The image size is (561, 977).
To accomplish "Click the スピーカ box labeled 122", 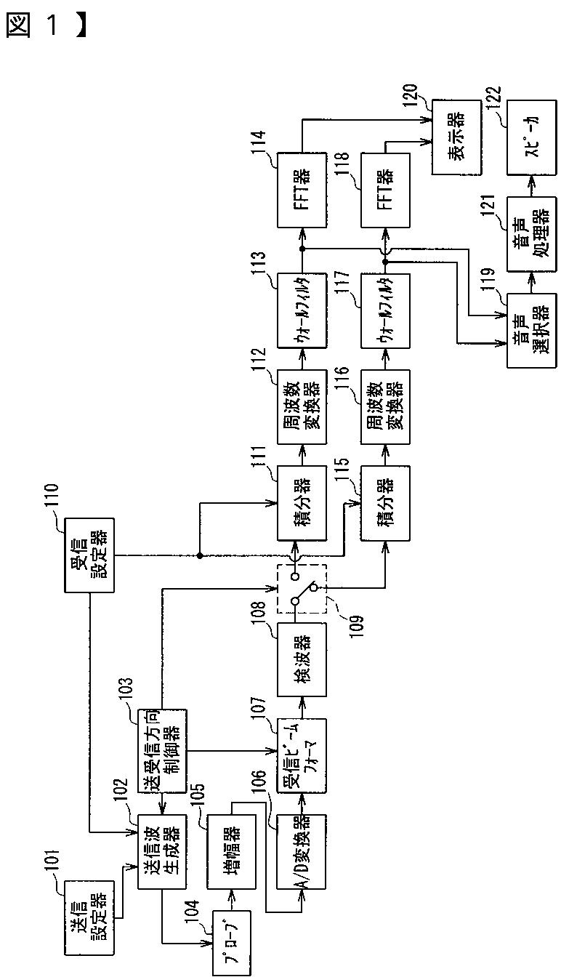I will click(x=530, y=138).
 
